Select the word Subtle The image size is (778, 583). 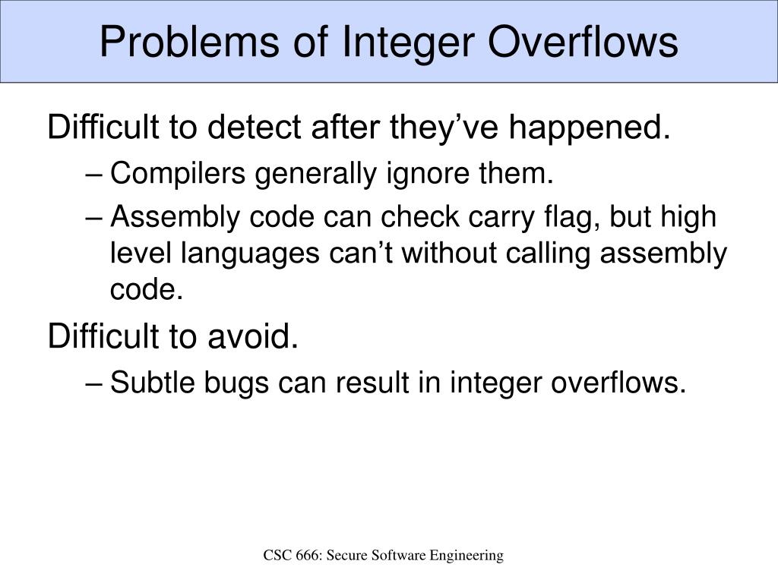coord(152,383)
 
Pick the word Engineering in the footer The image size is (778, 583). coord(467,556)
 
